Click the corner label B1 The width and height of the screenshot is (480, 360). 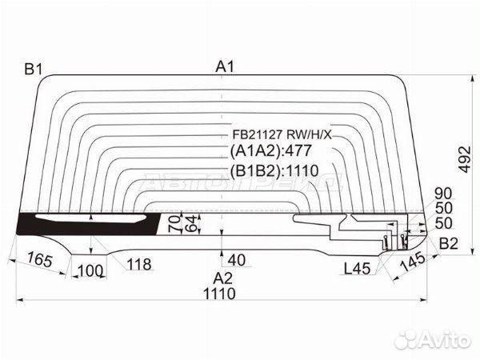[34, 70]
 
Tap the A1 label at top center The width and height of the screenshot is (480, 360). [225, 66]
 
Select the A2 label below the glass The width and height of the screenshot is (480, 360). [223, 278]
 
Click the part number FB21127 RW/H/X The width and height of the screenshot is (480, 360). [282, 134]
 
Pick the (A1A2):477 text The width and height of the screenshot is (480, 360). [270, 150]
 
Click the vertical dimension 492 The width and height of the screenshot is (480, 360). [465, 159]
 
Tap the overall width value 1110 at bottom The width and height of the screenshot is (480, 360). [219, 294]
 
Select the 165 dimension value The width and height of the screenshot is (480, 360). [39, 259]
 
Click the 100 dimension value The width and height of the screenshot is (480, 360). [90, 271]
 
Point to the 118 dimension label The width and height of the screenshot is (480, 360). [139, 264]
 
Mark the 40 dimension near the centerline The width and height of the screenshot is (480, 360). [237, 260]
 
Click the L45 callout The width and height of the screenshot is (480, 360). [357, 269]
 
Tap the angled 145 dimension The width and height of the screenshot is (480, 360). [413, 262]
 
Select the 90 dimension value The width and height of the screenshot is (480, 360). [443, 194]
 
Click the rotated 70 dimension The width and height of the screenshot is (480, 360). [174, 224]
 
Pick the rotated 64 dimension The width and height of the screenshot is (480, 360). [190, 224]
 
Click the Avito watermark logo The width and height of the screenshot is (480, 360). [432, 340]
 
